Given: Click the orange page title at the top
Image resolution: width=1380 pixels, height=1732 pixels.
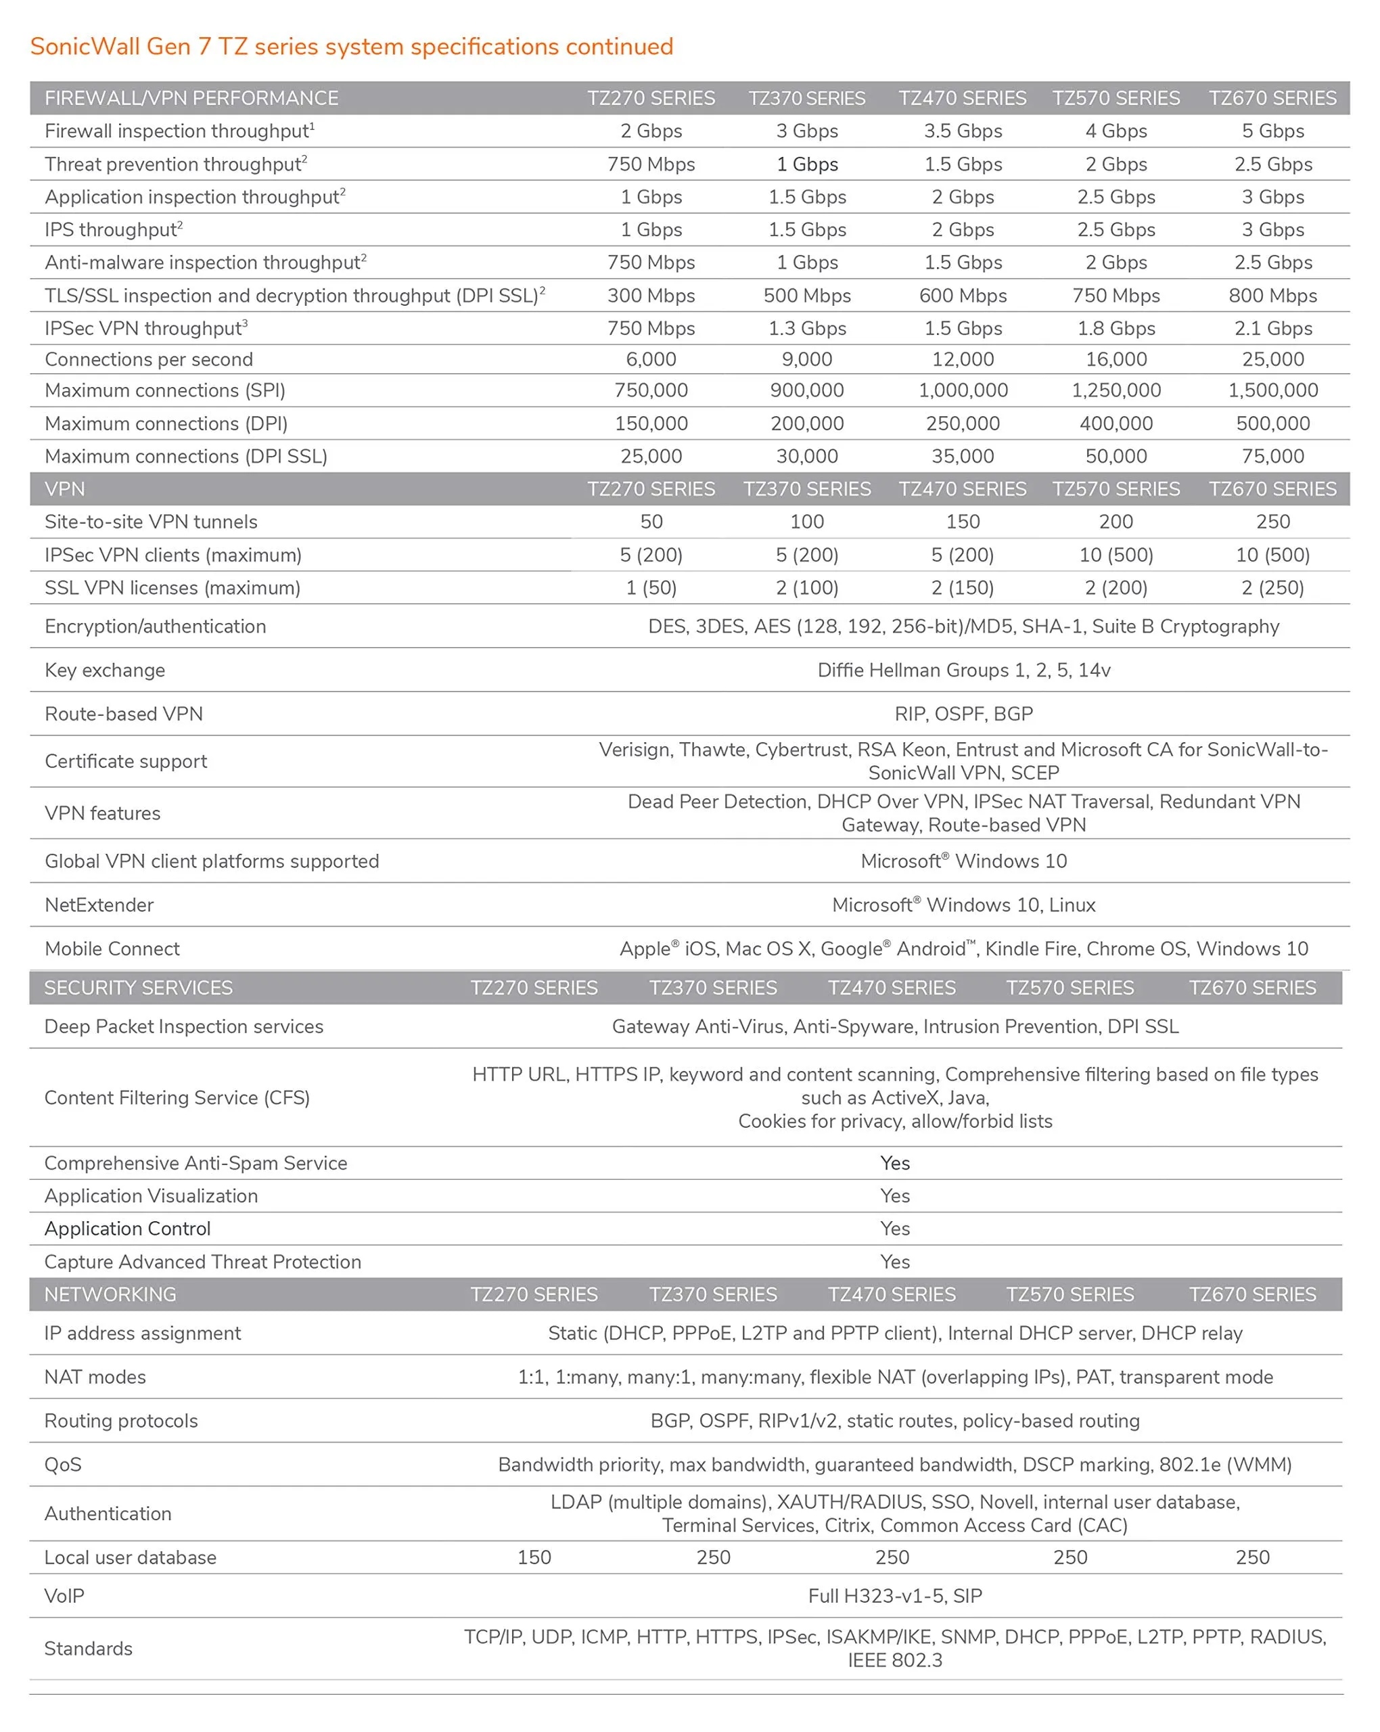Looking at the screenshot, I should (x=351, y=47).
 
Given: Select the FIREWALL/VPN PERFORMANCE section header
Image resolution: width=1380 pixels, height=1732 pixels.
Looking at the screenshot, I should (x=191, y=98).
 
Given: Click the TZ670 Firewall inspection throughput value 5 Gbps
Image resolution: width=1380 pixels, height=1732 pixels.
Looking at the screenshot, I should (x=1272, y=131).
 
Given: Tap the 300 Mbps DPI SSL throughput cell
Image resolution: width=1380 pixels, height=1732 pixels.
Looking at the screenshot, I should (x=651, y=296).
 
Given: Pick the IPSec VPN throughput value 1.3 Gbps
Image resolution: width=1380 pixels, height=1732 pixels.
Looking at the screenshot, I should (x=806, y=329).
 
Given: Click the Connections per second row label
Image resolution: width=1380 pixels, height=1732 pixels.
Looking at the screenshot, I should (x=149, y=359).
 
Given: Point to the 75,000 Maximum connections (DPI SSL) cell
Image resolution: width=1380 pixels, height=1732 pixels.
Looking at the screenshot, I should (x=1272, y=456).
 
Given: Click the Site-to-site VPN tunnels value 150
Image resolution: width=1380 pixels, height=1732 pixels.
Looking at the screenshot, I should (x=963, y=522).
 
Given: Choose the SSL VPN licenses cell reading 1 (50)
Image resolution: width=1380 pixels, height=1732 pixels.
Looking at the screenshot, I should (x=651, y=588).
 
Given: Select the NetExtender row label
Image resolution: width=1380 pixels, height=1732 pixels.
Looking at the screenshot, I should (x=99, y=905).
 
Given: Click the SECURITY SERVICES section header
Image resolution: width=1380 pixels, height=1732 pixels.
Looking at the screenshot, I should (x=138, y=987).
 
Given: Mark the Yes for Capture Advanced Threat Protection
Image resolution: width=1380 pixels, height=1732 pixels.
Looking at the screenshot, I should (x=895, y=1261).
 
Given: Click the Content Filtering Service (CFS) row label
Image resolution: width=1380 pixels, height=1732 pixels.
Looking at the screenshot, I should (x=177, y=1097).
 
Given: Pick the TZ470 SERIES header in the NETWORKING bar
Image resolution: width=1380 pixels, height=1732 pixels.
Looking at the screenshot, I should (x=892, y=1294).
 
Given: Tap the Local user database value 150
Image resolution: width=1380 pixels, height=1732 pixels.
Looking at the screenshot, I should (x=534, y=1557).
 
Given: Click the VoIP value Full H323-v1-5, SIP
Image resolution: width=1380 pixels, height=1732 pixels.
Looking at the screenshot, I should (x=895, y=1595).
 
